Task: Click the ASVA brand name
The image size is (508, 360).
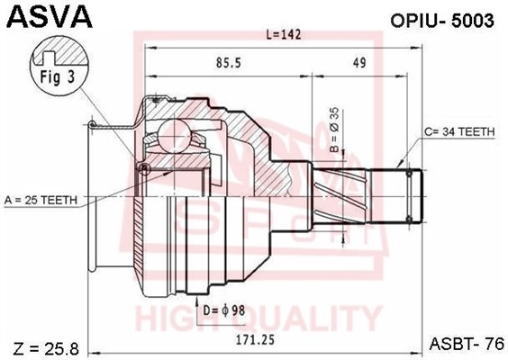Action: [50, 16]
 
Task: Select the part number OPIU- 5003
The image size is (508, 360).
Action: [442, 21]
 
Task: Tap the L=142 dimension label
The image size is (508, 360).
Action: [284, 34]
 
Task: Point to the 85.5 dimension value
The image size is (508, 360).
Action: [229, 63]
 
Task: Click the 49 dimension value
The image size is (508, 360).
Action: [359, 63]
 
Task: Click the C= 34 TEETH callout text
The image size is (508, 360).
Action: [459, 131]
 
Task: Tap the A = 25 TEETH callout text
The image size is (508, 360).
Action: [41, 201]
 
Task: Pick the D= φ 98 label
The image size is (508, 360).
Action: [224, 310]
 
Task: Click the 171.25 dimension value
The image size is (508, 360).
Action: [255, 339]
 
